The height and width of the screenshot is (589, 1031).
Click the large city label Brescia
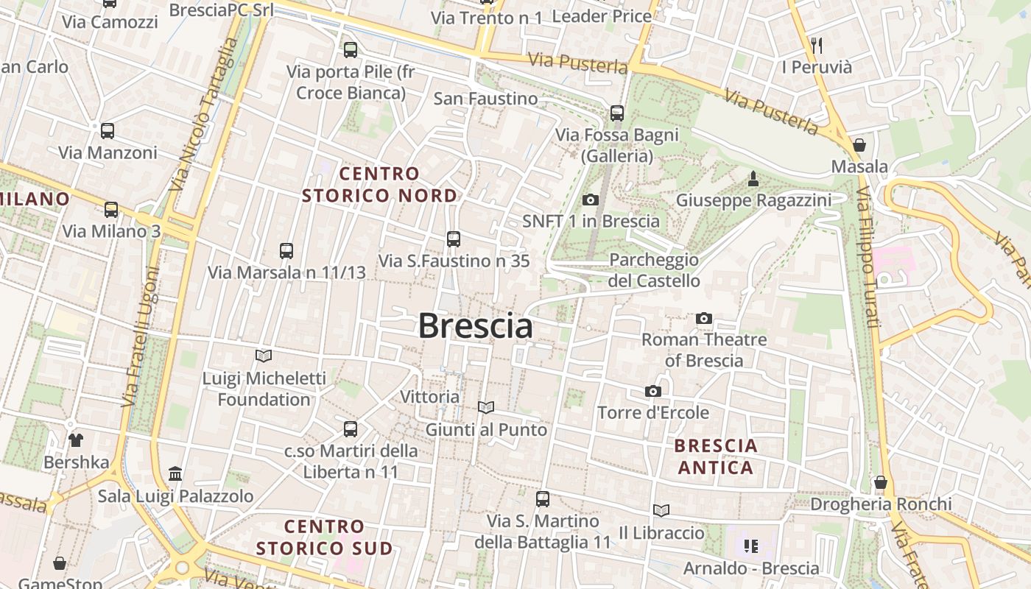475,325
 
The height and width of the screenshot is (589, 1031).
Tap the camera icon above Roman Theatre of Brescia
704,319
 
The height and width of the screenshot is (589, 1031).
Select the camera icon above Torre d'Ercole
652,391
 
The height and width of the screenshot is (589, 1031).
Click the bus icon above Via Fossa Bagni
617,113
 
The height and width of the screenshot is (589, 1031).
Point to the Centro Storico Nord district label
379,185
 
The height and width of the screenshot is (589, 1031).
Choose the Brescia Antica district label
716,456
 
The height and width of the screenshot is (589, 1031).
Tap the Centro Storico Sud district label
324,537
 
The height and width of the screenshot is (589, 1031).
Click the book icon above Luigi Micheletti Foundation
264,356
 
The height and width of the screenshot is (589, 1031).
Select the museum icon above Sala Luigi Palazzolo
175,473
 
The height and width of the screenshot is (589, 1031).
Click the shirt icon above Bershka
76,440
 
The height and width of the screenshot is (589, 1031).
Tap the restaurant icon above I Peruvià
816,45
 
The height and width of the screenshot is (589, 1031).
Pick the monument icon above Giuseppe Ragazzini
753,178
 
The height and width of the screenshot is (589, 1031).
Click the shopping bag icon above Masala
859,145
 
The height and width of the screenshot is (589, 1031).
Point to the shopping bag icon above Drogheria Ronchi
880,483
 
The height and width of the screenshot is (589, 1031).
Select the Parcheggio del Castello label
653,270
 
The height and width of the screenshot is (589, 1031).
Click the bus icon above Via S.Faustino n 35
454,239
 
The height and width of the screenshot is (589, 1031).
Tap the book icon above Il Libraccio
661,510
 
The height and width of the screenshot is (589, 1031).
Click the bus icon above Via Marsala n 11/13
286,250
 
